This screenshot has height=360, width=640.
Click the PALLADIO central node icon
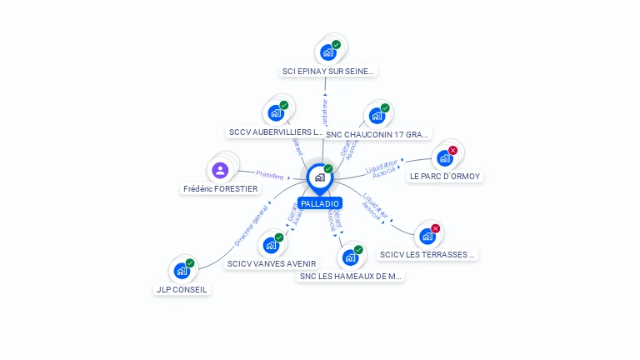click(x=319, y=177)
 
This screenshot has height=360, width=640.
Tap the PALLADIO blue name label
click(x=320, y=203)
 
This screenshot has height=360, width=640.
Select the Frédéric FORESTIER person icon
click(x=220, y=170)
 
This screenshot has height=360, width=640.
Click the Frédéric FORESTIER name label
click(x=221, y=189)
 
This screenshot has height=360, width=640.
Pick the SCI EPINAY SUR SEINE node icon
click(x=328, y=52)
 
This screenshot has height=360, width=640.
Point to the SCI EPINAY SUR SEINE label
click(x=328, y=72)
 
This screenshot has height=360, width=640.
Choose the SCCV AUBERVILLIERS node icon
click(x=276, y=112)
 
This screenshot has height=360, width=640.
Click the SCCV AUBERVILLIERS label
click(x=275, y=132)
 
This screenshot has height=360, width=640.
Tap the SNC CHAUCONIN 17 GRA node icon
click(x=377, y=115)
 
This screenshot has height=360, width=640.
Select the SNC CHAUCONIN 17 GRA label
click(x=377, y=134)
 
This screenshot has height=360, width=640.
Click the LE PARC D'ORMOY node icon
click(x=444, y=157)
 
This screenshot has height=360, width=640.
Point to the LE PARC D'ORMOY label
click(x=445, y=177)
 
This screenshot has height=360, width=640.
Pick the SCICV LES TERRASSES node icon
click(x=427, y=236)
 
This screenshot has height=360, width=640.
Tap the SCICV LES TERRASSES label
click(x=427, y=255)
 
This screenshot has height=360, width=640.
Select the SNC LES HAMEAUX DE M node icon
click(x=350, y=257)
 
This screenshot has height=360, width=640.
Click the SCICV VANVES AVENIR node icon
click(x=271, y=245)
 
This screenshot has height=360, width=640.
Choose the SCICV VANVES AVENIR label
click(x=272, y=264)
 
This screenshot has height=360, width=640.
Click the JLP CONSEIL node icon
click(x=182, y=271)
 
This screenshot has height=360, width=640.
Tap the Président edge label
click(x=270, y=175)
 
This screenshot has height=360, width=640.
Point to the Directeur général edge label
click(x=251, y=225)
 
